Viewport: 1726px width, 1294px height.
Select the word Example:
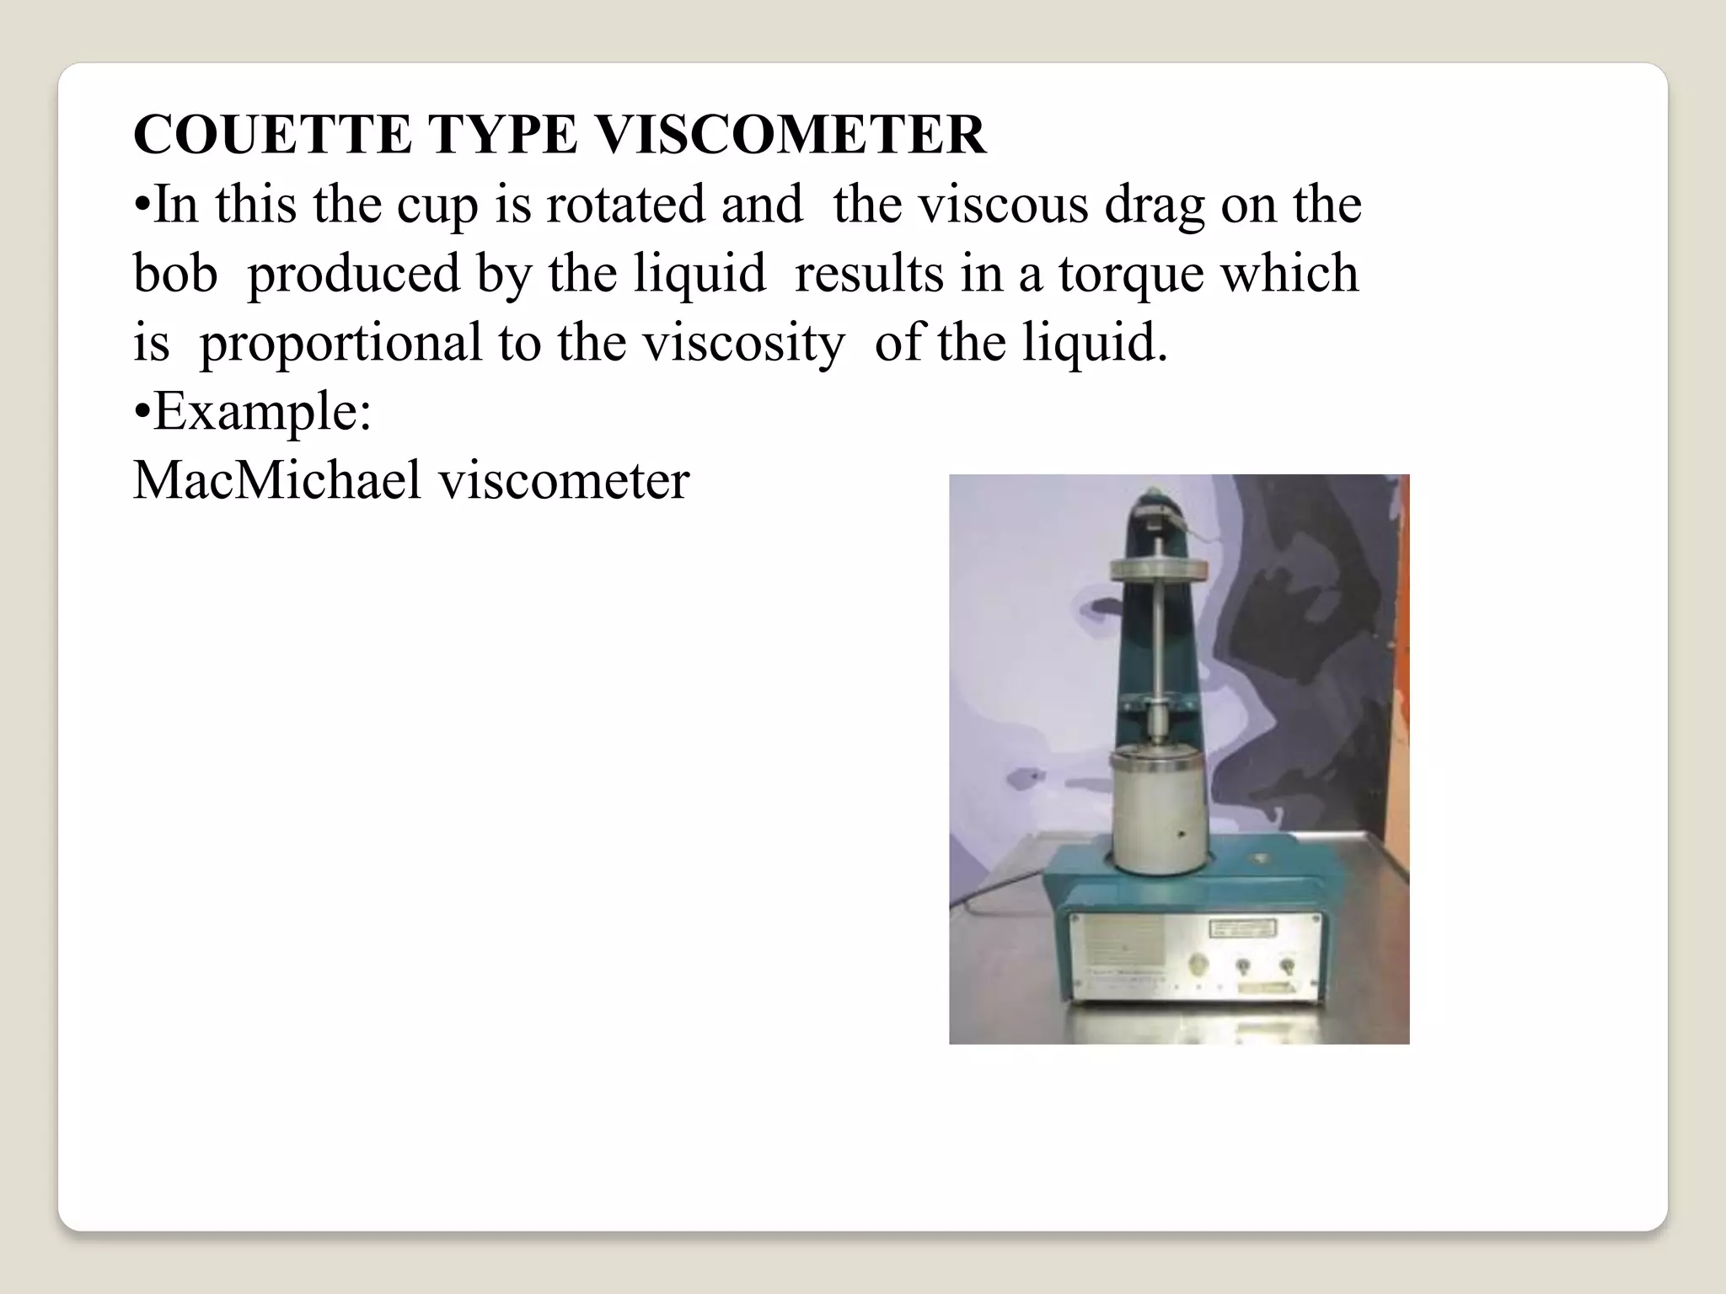coord(262,413)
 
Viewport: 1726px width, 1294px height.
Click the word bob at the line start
coord(175,274)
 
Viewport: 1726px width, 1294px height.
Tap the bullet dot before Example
coord(142,413)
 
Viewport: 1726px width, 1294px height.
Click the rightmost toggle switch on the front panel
coord(1287,965)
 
